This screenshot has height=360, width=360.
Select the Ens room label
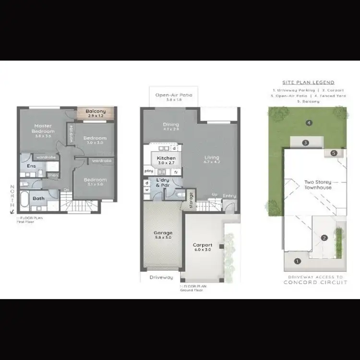tap(31, 166)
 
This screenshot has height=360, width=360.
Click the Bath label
tap(38, 198)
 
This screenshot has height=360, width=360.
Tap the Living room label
tap(211, 157)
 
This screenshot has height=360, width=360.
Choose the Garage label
tap(163, 233)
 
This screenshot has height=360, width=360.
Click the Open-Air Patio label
tap(173, 95)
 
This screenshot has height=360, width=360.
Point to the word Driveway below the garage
tap(161, 278)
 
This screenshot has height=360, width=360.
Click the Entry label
tap(229, 196)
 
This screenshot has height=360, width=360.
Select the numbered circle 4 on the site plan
tap(309, 122)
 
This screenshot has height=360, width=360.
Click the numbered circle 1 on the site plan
tap(297, 261)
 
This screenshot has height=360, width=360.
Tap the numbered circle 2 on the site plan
tap(324, 238)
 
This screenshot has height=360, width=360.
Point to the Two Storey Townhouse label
tap(318, 185)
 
